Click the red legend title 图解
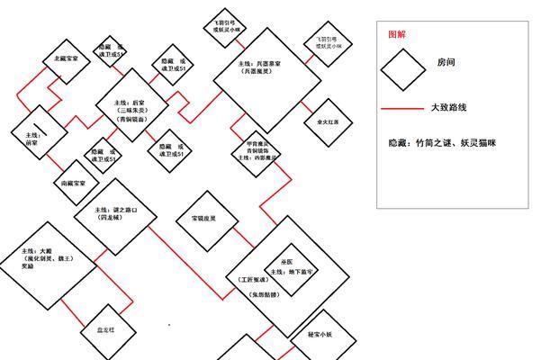click(x=396, y=33)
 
